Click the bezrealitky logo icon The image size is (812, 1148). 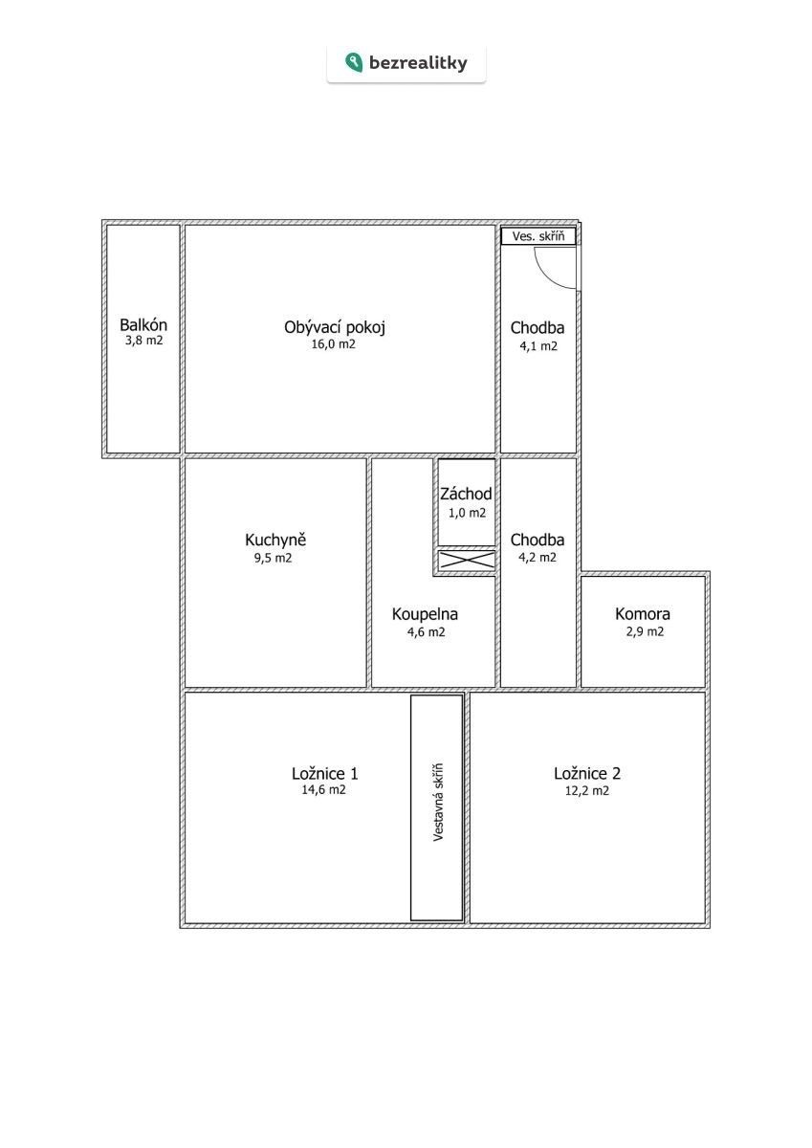coord(354,62)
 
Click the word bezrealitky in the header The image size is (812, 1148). coord(418,63)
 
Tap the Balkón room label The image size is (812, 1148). coord(143,325)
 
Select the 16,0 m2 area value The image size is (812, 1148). coord(333,343)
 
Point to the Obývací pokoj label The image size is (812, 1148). coord(335,327)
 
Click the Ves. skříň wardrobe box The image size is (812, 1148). coord(538,236)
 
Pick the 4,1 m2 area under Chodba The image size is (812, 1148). coord(538,346)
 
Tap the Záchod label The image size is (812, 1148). coord(466,494)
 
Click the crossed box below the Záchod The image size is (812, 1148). coord(467,560)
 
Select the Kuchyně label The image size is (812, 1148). coord(275,540)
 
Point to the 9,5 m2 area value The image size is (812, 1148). coord(273,558)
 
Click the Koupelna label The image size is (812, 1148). coord(425,614)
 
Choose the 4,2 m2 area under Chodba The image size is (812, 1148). coord(538,557)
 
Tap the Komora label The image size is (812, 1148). coord(643,613)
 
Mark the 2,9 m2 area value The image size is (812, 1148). coord(645,631)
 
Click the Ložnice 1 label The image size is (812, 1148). coord(325,773)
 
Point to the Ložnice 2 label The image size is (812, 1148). coord(587,773)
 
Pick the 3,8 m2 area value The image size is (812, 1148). coord(144,341)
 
